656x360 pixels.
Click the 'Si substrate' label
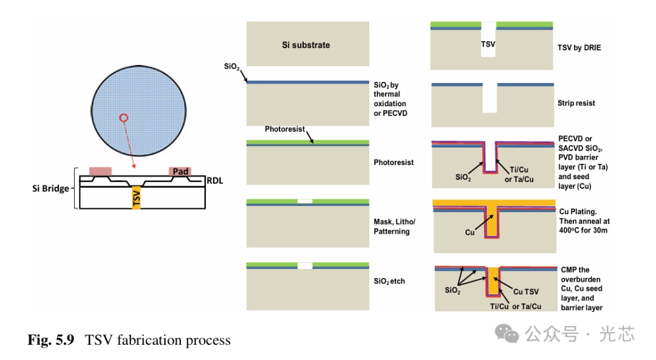[x=306, y=45]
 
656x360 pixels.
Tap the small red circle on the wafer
[x=124, y=118]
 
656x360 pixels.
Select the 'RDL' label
[x=214, y=180]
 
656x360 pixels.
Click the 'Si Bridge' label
[x=51, y=188]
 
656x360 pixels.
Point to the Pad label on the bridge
[x=180, y=172]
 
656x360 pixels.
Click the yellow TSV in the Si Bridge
[x=137, y=199]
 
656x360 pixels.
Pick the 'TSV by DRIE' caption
[x=579, y=47]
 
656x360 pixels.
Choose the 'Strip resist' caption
[x=576, y=103]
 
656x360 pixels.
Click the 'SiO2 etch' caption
[x=389, y=281]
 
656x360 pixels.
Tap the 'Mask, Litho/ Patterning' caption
[x=394, y=226]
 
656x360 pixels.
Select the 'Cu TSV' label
[x=525, y=292]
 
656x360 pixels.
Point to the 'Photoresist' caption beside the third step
[x=393, y=163]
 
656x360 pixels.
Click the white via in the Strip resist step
[x=489, y=100]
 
